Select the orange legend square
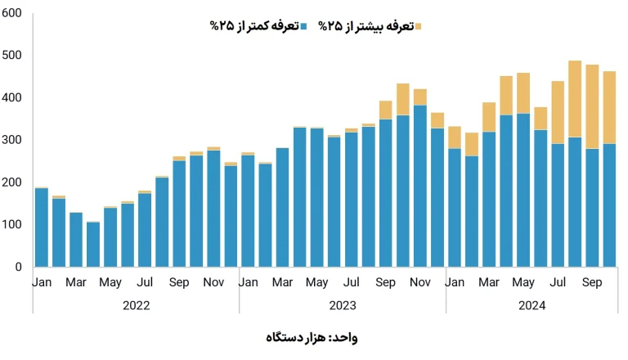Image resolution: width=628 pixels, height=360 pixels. tap(418, 27)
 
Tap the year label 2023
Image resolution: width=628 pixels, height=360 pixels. tap(342, 304)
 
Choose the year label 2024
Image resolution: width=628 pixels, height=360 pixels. tap(532, 304)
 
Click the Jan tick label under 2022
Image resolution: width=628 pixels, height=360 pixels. tap(42, 282)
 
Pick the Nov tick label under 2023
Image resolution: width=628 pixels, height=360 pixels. tap(420, 282)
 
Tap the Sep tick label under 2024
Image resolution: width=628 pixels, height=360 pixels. tap(593, 282)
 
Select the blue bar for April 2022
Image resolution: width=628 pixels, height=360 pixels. tap(93, 244)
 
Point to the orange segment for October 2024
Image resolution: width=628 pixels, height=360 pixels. tap(609, 107)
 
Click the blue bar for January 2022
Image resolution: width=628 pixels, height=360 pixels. tap(42, 227)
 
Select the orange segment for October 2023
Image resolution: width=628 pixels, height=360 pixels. tap(403, 99)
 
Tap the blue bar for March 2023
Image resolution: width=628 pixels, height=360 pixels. tap(282, 207)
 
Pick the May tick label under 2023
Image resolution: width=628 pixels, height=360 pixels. tap(316, 282)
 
